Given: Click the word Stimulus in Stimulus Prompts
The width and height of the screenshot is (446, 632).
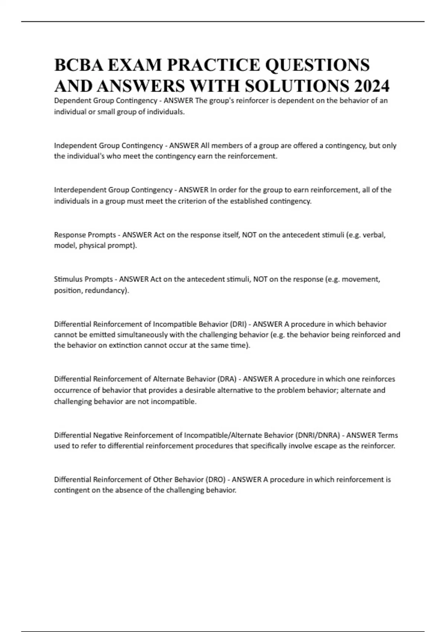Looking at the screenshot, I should point(68,279).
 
